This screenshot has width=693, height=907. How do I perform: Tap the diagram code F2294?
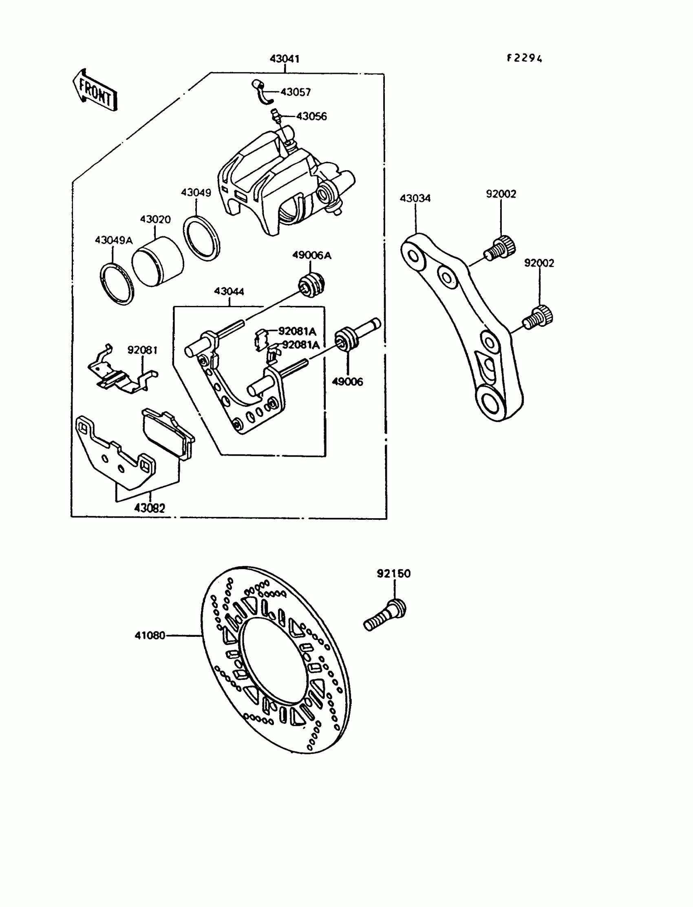pos(524,58)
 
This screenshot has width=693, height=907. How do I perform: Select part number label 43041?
pos(284,59)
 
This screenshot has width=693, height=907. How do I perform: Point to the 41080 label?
pos(150,635)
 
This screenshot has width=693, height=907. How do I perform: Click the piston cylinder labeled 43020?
pos(157,262)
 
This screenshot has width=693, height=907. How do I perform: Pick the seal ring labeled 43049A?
pos(117,284)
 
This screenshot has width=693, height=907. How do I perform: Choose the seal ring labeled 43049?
pos(201,238)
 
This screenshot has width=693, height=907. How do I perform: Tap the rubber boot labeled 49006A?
pos(311,284)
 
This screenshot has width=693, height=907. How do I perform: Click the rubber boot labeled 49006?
pos(346,339)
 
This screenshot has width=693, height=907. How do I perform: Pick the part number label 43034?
pos(415,198)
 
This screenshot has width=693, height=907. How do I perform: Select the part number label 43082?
pos(149,508)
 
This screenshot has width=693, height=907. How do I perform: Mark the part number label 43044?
pos(229,291)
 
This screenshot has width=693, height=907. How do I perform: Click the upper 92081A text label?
pos(297,331)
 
